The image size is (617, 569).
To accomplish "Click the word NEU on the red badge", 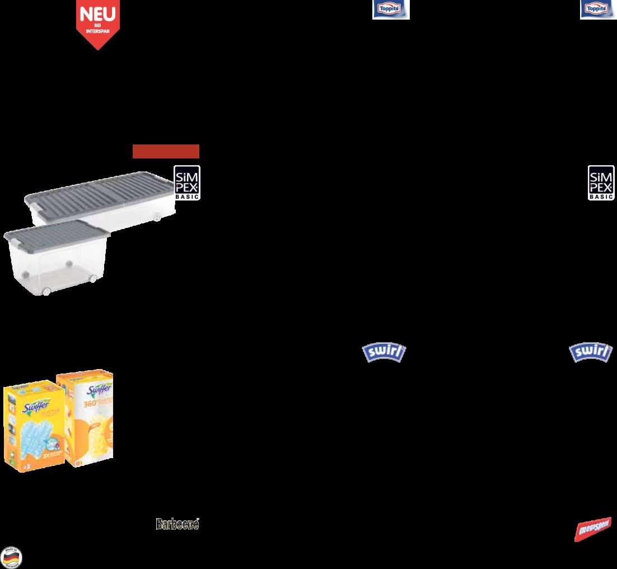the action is (x=97, y=14).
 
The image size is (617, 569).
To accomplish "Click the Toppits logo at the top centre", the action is (x=391, y=10).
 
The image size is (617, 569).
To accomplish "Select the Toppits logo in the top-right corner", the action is (x=598, y=10).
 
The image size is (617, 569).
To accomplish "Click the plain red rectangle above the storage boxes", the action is (x=166, y=151).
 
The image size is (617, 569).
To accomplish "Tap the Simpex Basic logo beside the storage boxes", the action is (x=186, y=183).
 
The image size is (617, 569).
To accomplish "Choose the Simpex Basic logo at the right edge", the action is (x=601, y=183).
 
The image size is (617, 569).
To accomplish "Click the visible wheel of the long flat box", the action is (x=157, y=217).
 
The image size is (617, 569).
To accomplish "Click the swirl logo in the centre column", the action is (x=384, y=353).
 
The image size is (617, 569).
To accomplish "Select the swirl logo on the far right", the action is (x=591, y=353).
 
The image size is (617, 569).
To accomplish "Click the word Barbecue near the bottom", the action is (x=177, y=525).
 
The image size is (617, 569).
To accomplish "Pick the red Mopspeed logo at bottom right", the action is (x=592, y=529).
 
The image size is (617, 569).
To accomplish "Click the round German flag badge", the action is (x=11, y=557).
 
